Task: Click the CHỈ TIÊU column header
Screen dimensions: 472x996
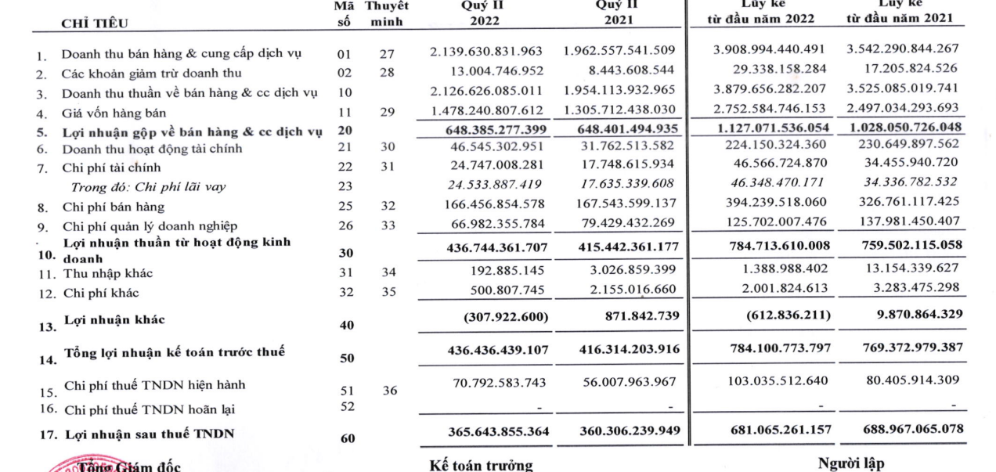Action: [x=95, y=23]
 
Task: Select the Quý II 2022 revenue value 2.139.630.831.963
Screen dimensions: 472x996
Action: [x=486, y=51]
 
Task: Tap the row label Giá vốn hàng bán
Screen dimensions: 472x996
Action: [x=114, y=113]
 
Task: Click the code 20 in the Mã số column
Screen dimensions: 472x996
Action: [x=345, y=131]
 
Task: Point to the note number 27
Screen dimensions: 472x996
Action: [x=388, y=54]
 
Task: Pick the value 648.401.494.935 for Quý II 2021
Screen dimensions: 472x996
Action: [x=619, y=128]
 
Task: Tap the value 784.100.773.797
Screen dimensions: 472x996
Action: [x=770, y=348]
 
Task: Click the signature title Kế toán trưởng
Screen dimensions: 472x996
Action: [x=481, y=466]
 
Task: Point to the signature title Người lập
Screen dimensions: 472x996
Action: [x=851, y=463]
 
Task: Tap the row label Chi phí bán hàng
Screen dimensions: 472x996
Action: [x=113, y=207]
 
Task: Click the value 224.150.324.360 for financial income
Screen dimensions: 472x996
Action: [x=770, y=145]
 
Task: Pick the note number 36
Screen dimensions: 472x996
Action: [x=389, y=390]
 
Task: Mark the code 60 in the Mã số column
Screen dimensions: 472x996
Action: [x=348, y=438]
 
